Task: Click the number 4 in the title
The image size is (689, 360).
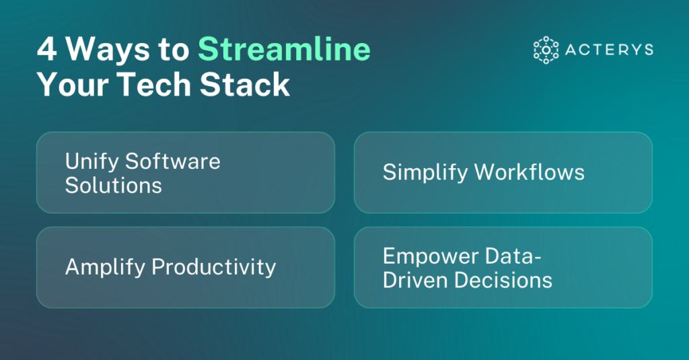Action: coord(47,50)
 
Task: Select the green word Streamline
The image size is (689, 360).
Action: coord(284,50)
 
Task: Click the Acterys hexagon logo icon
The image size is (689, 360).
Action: coord(546,50)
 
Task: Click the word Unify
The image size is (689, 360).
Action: coord(92,161)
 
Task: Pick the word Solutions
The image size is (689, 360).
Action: coord(113,184)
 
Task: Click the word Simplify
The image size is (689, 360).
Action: coord(425,172)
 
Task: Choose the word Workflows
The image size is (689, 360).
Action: coord(530,172)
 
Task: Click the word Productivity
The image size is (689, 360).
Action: coord(213,267)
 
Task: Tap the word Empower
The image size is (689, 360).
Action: coord(430,256)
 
